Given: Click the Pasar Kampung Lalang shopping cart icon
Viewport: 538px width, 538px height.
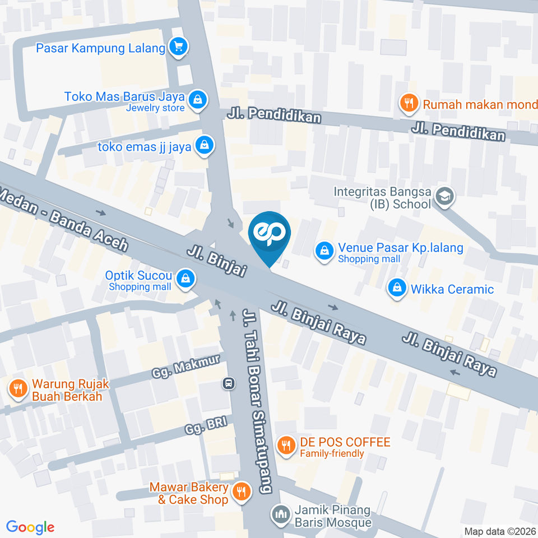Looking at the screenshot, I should click(x=178, y=48).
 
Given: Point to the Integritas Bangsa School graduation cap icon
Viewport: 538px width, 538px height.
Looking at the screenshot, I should click(x=445, y=197).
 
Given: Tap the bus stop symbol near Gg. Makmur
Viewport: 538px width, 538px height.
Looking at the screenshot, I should click(x=228, y=384).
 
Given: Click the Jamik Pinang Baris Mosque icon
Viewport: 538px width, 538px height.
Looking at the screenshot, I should click(x=280, y=513).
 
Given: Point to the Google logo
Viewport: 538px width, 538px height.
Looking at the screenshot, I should click(x=30, y=527).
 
